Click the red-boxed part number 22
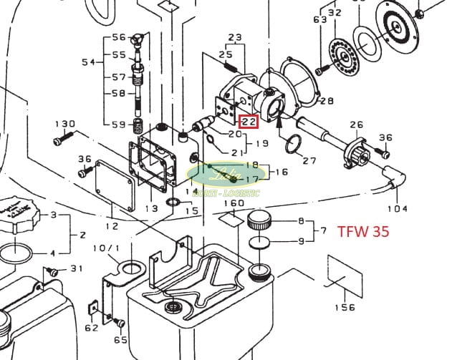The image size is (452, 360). coord(249,122)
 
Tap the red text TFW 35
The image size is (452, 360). coord(363,232)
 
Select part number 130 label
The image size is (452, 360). coord(64,123)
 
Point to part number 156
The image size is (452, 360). coord(345,307)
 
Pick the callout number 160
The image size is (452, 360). coord(234,204)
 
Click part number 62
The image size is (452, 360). coord(91,328)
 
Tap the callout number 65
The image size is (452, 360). coord(120,341)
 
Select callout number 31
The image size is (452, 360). coord(76,268)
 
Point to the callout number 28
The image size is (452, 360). coord(327,100)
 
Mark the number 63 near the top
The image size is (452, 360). coord(319,19)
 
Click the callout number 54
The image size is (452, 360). coord(88,63)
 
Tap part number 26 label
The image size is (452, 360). coord(356,125)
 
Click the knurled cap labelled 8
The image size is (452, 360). coord(257,220)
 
